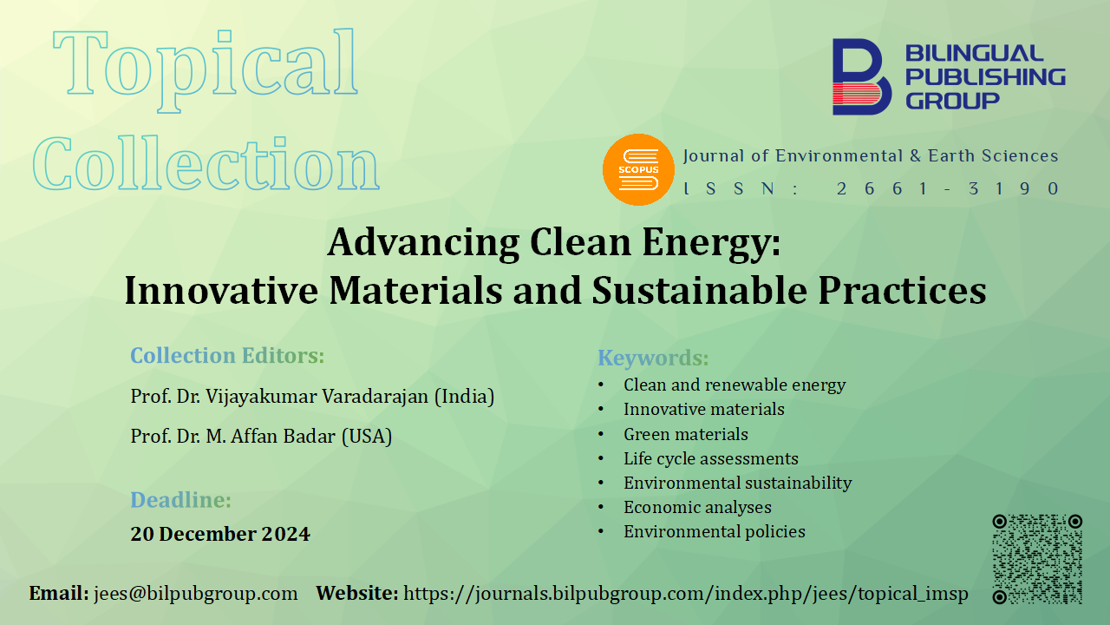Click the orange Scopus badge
[638, 169]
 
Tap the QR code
[1037, 559]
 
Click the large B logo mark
[862, 77]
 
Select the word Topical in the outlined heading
[206, 69]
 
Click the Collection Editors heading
[227, 356]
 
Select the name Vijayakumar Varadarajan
[317, 397]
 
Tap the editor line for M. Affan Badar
[261, 437]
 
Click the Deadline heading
[181, 499]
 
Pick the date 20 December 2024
[220, 534]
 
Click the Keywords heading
[653, 358]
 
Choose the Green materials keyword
[686, 435]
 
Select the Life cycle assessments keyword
[710, 459]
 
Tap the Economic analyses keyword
[697, 508]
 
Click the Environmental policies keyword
[714, 532]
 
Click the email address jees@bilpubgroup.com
[196, 594]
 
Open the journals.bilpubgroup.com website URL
[686, 594]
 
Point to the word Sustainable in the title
[699, 290]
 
